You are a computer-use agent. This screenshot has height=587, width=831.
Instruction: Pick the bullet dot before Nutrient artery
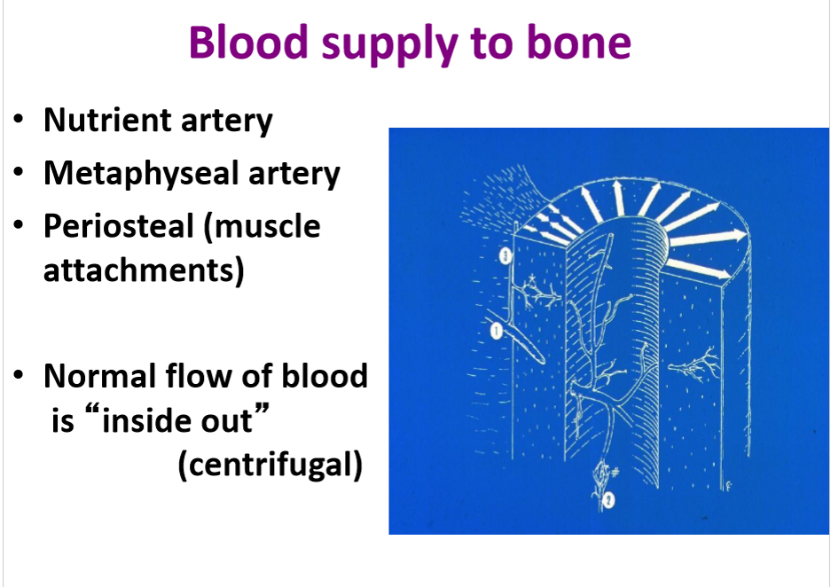(x=19, y=121)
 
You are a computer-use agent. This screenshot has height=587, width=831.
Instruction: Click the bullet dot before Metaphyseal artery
(x=19, y=173)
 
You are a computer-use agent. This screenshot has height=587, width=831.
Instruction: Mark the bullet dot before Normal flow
(x=19, y=376)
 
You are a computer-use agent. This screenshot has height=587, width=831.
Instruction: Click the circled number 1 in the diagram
(x=496, y=331)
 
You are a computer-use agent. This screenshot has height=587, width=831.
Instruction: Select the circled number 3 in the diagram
(x=504, y=257)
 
